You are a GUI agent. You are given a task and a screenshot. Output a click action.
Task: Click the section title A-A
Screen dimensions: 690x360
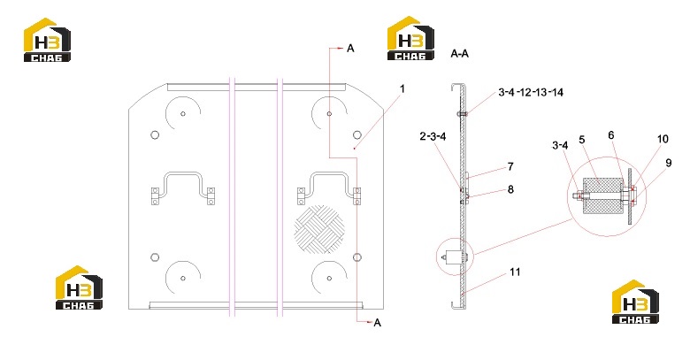[x=459, y=54]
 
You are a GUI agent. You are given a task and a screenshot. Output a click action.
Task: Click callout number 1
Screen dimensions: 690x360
[x=402, y=89]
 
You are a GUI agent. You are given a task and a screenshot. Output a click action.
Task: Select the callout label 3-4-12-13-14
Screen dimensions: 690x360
[x=531, y=92]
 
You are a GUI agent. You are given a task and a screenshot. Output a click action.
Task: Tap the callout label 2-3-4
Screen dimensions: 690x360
[x=433, y=136]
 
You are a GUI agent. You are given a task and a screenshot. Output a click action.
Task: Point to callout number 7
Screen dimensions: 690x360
[x=510, y=166]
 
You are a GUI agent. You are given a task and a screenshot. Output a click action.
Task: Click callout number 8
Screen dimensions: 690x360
[x=510, y=189]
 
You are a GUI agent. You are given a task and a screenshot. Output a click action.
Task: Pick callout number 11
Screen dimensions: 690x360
[x=515, y=272]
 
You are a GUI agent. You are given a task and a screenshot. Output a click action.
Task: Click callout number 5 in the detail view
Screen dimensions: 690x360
[x=582, y=140]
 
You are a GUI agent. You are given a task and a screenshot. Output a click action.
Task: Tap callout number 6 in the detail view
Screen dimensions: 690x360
[x=610, y=135]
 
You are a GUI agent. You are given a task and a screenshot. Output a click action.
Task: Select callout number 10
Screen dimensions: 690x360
[x=663, y=139]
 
